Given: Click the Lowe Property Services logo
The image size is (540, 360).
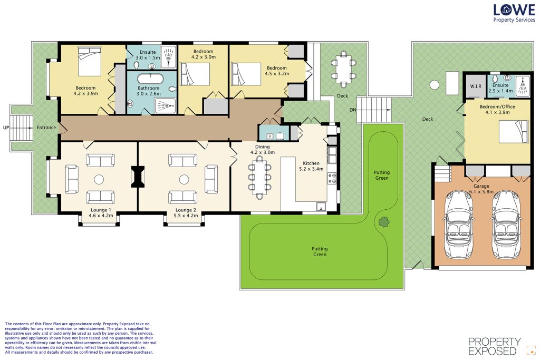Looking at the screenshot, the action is click(x=514, y=13).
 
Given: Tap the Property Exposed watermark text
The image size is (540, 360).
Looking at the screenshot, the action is click(x=495, y=346).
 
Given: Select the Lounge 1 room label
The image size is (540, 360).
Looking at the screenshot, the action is click(x=101, y=213).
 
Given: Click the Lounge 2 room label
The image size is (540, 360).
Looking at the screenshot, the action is click(x=186, y=213).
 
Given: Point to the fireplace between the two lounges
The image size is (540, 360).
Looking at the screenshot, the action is click(x=138, y=177).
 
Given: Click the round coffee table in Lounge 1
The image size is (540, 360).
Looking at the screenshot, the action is click(x=99, y=179).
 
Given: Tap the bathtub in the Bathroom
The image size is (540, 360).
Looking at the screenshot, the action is click(x=150, y=79).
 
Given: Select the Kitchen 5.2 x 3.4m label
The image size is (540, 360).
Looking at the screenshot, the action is click(x=311, y=166).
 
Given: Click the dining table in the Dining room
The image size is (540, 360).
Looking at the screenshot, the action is click(x=259, y=177).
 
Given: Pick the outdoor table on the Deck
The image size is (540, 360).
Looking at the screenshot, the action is click(x=343, y=69).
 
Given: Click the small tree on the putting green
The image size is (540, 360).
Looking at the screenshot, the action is click(x=384, y=222).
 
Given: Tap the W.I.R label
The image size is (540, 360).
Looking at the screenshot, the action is click(x=476, y=86).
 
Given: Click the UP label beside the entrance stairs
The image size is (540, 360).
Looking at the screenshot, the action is click(x=6, y=128).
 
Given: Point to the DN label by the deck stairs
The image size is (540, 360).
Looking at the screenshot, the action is click(x=353, y=110).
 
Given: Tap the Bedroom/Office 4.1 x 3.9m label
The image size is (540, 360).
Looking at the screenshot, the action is click(x=497, y=110).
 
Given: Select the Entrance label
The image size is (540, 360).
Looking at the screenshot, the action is click(x=46, y=128).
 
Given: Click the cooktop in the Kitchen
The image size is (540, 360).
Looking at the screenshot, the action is click(x=332, y=178).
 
